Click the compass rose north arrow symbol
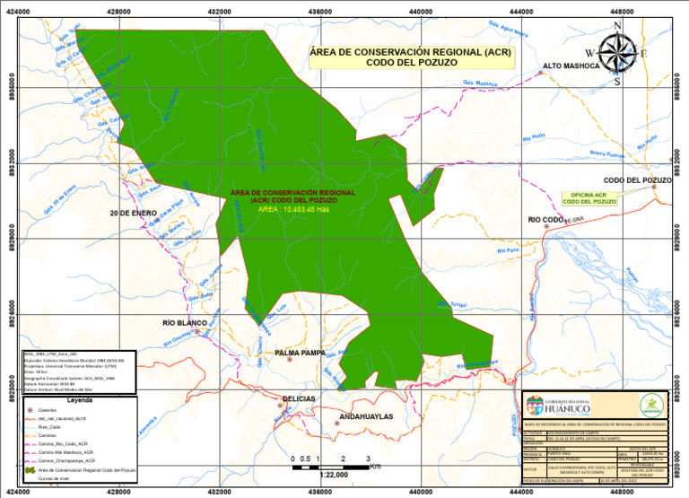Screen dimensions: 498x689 click(x=617, y=50)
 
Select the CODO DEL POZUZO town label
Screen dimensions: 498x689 click(x=637, y=180)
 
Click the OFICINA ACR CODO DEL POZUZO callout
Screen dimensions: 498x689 click(x=589, y=198)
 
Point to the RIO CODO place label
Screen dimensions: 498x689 click(x=545, y=219)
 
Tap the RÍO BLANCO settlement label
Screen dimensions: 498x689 click(x=185, y=322)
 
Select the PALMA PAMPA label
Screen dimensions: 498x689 click(x=301, y=353)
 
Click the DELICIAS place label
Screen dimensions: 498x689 click(x=299, y=398)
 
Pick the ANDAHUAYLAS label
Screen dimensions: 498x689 click(x=365, y=417)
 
